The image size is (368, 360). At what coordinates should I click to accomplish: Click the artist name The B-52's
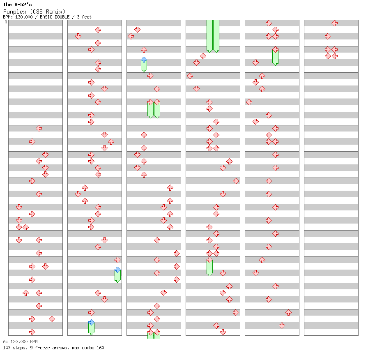pos(17,5)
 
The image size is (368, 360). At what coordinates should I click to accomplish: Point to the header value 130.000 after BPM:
pos(24,17)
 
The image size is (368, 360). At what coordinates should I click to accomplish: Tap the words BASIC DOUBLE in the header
pos(55,17)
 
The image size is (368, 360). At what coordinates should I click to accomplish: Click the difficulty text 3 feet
pos(84,17)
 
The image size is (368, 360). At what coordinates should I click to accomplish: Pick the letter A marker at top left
pos(6,22)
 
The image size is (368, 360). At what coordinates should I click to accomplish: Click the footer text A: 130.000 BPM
pos(21,342)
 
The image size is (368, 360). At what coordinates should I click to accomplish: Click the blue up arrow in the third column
pos(144,60)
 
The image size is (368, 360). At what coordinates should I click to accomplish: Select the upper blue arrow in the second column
pos(117,270)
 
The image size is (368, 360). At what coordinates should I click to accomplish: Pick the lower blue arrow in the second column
pos(91,323)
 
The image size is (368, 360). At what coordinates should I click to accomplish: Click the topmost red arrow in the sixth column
pos(335,23)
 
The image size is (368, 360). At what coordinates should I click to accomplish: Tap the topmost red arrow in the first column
pos(39,128)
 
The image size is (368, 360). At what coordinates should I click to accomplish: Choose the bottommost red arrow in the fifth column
pos(282,325)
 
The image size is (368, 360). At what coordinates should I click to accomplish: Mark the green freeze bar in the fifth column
pos(275,57)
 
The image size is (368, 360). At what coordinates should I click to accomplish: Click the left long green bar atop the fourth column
pos(209,36)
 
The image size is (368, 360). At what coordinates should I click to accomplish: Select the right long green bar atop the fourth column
pos(216,36)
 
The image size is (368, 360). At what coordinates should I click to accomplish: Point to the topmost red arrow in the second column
pos(98,30)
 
